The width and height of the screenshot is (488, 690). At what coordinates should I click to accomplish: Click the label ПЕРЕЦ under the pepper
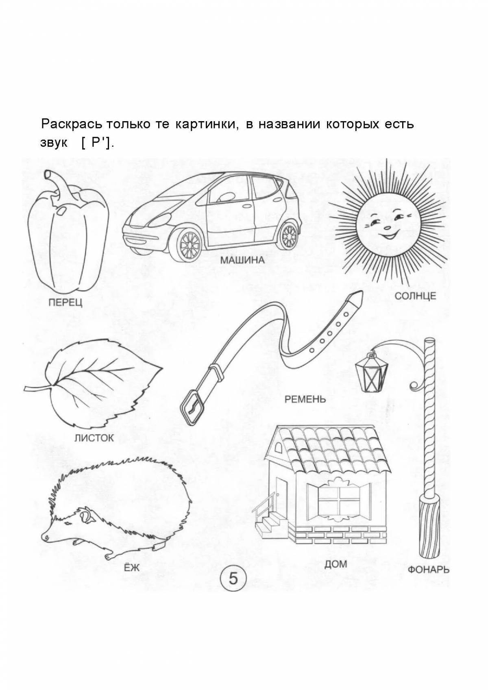65,303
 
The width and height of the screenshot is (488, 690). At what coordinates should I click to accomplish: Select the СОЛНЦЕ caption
415,296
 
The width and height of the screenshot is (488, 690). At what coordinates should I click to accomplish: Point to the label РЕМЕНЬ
305,399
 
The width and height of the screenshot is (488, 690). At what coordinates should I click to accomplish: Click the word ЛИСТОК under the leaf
94,438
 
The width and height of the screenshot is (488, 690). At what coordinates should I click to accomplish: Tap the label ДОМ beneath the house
335,564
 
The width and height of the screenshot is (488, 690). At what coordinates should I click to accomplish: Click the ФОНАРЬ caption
429,569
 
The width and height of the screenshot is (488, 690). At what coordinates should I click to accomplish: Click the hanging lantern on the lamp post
371,372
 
